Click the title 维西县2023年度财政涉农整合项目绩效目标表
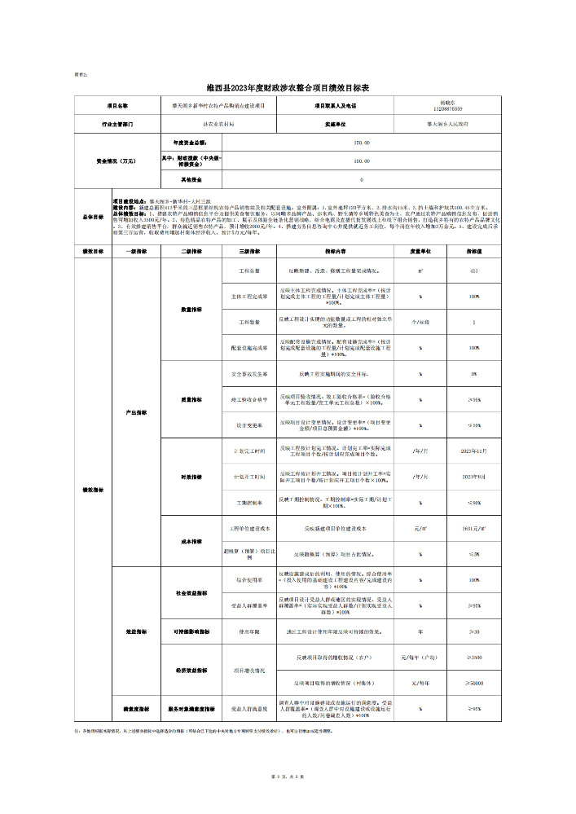point(288,88)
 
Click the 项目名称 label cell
point(117,106)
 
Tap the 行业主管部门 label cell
point(117,125)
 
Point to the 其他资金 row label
point(191,178)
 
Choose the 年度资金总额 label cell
point(191,143)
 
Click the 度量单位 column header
point(420,252)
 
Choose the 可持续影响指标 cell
point(191,631)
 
